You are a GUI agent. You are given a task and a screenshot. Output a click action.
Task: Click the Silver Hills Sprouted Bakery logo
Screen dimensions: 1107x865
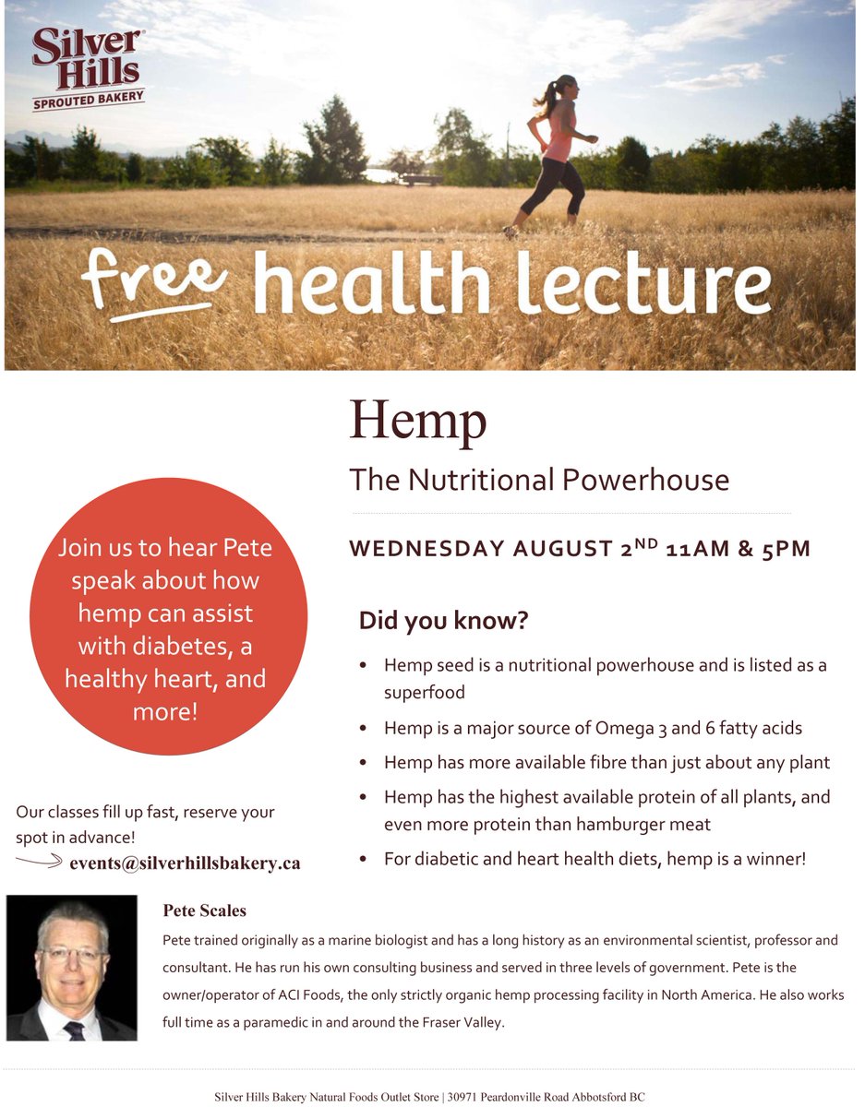point(88,68)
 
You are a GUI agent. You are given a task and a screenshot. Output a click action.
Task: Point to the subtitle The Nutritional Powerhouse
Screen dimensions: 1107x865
point(539,480)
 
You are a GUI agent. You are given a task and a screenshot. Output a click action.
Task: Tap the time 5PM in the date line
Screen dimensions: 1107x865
point(785,549)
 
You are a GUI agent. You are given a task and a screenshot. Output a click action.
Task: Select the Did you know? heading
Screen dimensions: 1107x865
point(443,620)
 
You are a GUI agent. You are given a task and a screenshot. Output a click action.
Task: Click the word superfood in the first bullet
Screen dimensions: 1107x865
point(424,692)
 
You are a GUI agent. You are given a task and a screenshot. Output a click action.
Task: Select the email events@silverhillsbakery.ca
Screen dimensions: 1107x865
point(185,863)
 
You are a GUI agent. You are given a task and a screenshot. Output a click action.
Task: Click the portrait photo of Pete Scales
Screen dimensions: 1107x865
point(72,968)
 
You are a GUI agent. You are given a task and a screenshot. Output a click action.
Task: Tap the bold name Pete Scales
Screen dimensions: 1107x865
point(204,911)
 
